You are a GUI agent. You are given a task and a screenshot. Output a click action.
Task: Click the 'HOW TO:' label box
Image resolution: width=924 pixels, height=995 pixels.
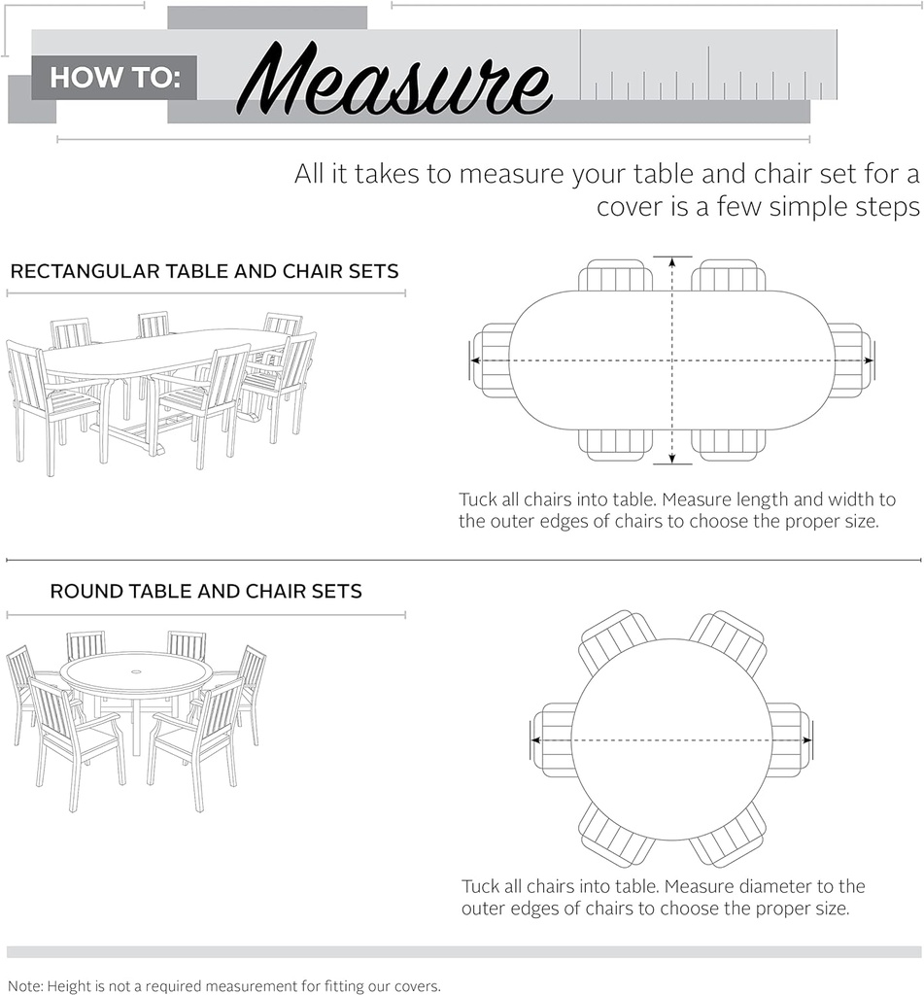(115, 78)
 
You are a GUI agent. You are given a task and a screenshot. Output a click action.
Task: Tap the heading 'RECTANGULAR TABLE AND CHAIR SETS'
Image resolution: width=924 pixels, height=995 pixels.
(204, 272)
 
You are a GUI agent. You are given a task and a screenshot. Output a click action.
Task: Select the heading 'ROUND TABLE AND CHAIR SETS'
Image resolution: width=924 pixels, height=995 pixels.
(206, 592)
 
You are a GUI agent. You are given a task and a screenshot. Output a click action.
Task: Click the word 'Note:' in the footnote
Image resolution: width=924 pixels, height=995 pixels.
(24, 986)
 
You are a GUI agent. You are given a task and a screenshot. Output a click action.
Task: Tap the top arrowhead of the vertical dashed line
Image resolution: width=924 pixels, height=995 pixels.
(672, 260)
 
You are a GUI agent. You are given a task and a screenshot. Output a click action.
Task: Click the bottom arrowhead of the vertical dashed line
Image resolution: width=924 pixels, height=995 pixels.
(672, 460)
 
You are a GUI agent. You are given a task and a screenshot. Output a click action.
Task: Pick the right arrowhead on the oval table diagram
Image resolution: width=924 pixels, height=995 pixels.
(870, 360)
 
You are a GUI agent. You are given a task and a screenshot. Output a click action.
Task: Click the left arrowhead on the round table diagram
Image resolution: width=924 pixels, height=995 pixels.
(535, 739)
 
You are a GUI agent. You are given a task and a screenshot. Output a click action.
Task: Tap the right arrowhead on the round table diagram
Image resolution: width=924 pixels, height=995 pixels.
(806, 739)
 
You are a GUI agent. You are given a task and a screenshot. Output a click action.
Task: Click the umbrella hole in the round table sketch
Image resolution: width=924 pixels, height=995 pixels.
(136, 670)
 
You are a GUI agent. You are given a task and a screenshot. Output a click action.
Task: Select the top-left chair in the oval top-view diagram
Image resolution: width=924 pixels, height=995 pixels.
(616, 275)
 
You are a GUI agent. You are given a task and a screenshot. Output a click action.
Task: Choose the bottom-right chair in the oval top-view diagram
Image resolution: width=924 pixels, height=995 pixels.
(728, 445)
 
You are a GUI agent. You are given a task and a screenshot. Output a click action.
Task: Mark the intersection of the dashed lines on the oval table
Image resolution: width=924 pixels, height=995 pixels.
(672, 360)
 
